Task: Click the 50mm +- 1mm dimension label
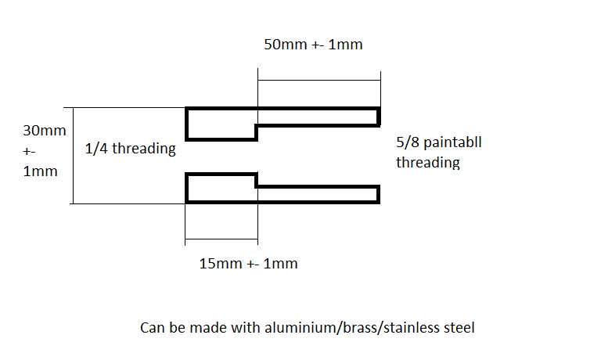click(x=313, y=45)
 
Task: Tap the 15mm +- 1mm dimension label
click(x=249, y=264)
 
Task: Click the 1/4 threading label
click(x=130, y=149)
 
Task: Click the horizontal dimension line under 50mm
click(x=318, y=80)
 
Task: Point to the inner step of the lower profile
click(x=257, y=180)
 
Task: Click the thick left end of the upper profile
click(x=187, y=124)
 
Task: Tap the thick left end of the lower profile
click(x=187, y=188)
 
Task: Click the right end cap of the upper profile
click(x=379, y=117)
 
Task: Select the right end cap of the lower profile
click(x=379, y=194)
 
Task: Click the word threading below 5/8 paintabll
click(x=427, y=164)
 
